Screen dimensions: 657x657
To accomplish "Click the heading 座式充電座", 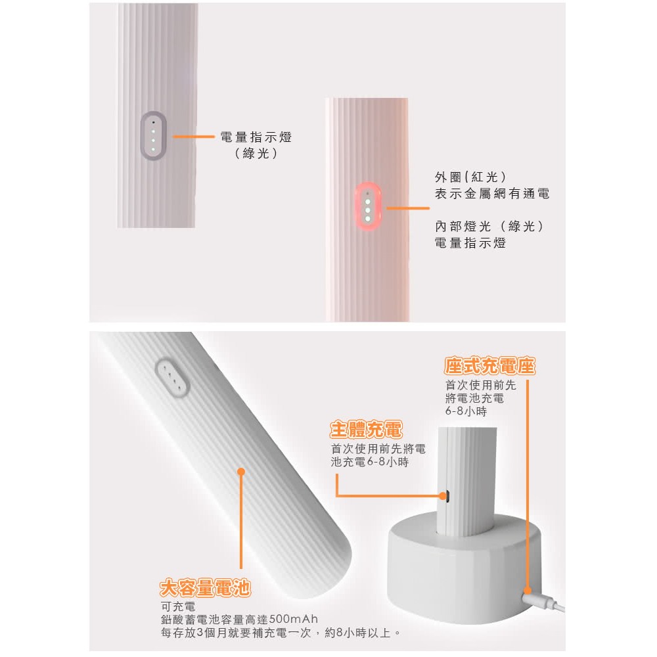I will click(x=489, y=365).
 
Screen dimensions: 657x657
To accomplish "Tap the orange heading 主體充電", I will click(x=365, y=431).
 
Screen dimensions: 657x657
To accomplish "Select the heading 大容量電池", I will click(x=206, y=589).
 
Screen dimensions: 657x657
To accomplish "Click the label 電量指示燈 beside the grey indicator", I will click(x=256, y=137).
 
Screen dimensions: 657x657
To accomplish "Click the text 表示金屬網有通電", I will click(x=492, y=194).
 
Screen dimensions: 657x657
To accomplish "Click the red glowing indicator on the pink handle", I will click(x=368, y=206).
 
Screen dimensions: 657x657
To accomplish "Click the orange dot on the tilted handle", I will click(x=240, y=471).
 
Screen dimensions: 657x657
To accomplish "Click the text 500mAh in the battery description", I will click(x=294, y=620).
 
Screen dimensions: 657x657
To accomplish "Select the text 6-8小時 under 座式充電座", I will click(x=465, y=411).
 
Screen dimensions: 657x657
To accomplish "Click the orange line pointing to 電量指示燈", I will click(x=194, y=137).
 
